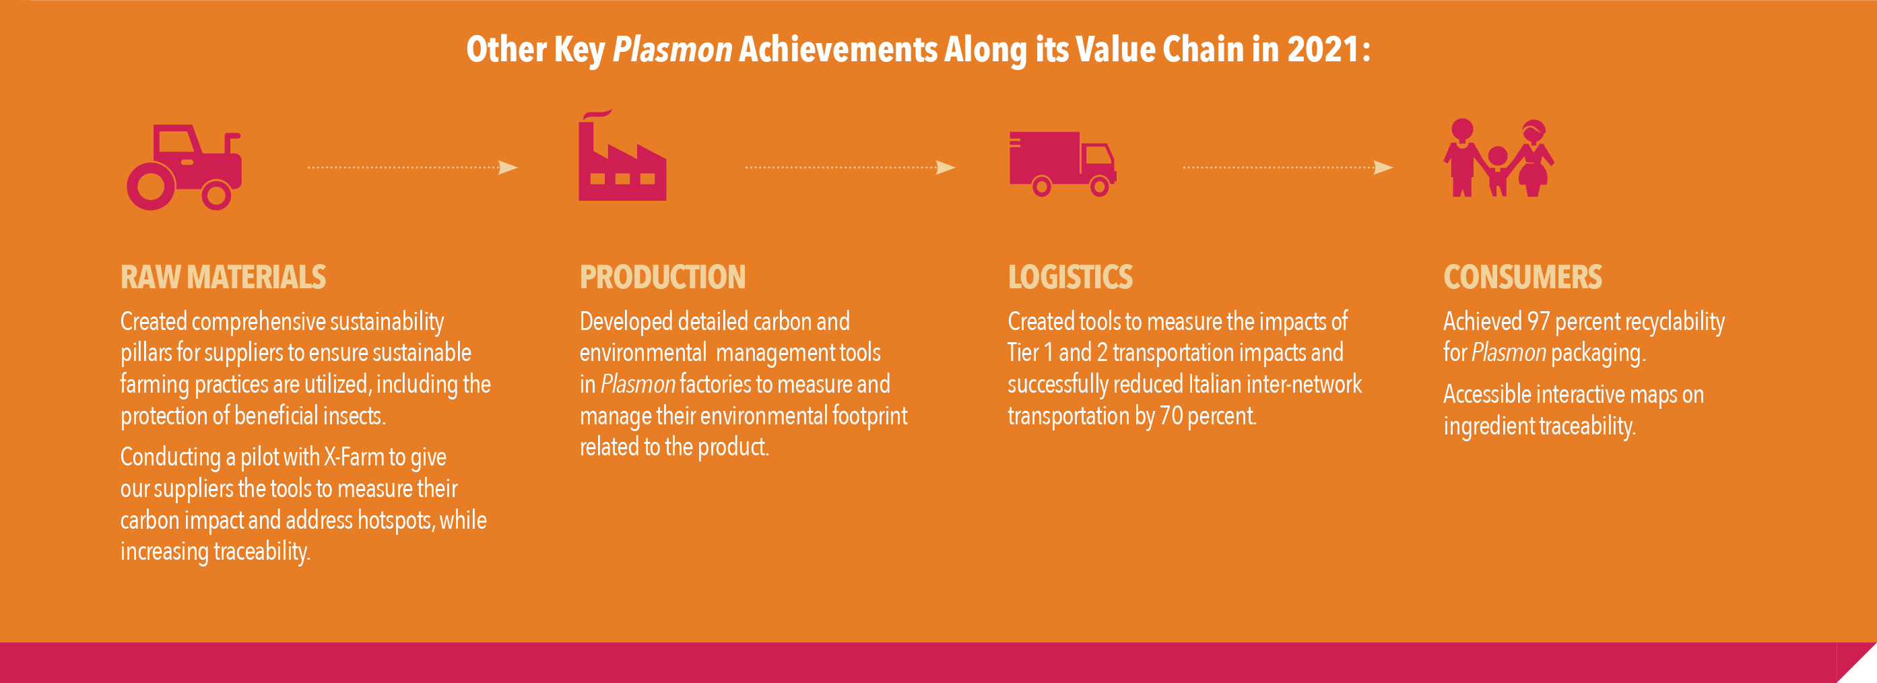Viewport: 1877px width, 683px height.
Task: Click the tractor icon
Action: click(184, 167)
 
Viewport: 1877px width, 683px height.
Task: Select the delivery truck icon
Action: click(1062, 164)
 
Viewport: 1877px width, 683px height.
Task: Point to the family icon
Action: click(1499, 158)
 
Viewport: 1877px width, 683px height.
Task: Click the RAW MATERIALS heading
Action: click(223, 277)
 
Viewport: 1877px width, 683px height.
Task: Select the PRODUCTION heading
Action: click(662, 277)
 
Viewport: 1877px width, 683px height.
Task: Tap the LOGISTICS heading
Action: click(1069, 277)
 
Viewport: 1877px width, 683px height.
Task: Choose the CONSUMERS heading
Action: click(1522, 277)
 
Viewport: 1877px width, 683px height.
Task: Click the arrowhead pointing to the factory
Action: click(508, 168)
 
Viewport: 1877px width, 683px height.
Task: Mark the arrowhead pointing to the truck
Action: click(945, 168)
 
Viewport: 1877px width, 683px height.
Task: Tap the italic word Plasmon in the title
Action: click(672, 50)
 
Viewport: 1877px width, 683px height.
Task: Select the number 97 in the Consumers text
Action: click(1538, 321)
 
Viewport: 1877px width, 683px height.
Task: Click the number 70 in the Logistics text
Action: click(1171, 416)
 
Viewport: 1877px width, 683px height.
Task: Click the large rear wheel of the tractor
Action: click(151, 187)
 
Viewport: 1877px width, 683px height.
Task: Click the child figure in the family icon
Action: click(1497, 171)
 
